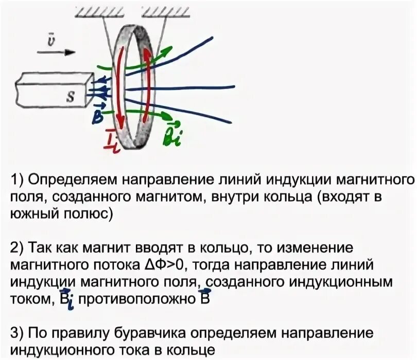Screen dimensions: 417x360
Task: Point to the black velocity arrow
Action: coord(57,52)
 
